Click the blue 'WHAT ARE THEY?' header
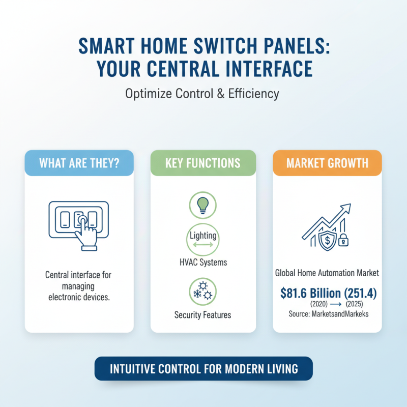click(x=79, y=164)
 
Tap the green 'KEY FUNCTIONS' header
click(x=203, y=164)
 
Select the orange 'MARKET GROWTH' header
click(x=327, y=164)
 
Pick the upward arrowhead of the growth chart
click(x=346, y=209)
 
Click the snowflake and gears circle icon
click(x=202, y=290)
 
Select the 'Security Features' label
click(x=202, y=315)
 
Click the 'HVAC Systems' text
click(x=202, y=263)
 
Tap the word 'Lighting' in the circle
click(x=202, y=236)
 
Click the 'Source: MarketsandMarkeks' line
click(x=327, y=313)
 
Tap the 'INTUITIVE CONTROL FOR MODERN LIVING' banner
click(x=203, y=368)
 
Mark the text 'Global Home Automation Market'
click(x=327, y=273)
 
